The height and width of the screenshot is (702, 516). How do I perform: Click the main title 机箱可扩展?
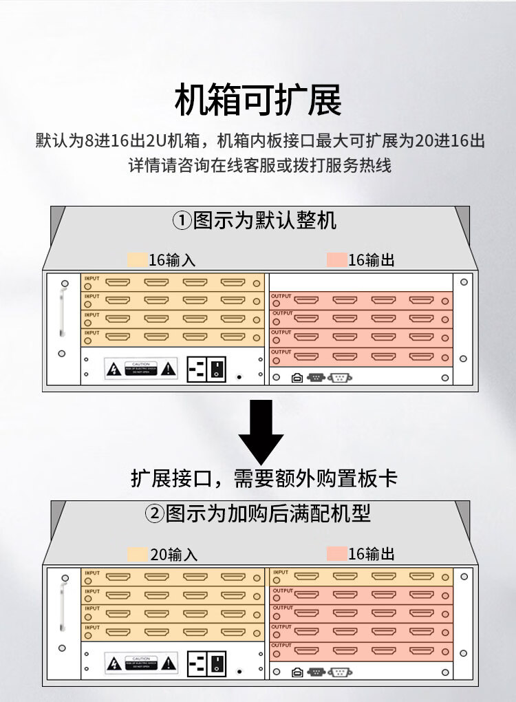click(258, 100)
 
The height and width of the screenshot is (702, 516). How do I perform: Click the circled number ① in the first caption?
click(181, 222)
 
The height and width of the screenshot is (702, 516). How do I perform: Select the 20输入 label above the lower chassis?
click(173, 554)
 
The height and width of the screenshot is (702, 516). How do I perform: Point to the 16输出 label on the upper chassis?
click(372, 260)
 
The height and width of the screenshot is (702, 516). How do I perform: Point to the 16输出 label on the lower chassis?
click(372, 554)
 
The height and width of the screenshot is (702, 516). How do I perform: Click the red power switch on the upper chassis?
click(217, 369)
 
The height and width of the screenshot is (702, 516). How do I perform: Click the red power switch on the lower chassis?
click(217, 663)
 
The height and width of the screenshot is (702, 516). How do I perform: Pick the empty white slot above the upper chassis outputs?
click(360, 283)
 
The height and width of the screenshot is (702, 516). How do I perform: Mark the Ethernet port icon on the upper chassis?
click(297, 377)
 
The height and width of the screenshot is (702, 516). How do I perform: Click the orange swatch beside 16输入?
click(138, 260)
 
